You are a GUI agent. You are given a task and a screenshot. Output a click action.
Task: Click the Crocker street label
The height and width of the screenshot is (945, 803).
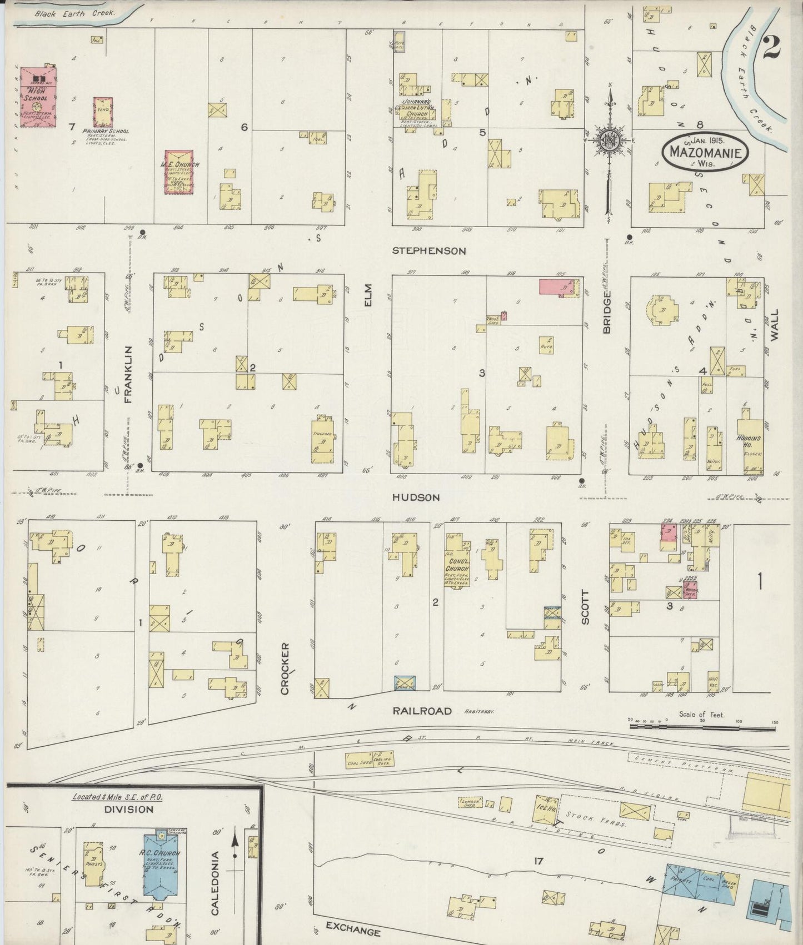point(285,669)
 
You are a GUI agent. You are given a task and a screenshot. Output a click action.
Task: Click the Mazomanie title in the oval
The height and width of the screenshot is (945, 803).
point(705,151)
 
